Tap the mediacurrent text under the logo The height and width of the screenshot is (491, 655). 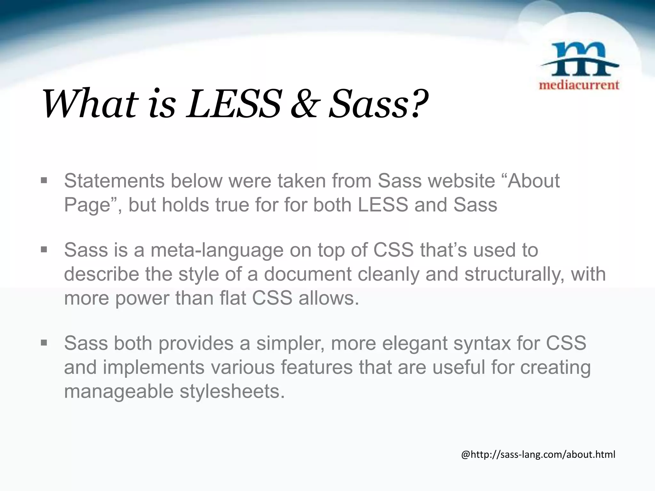pyautogui.click(x=579, y=85)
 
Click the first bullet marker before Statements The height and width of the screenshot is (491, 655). pyautogui.click(x=44, y=181)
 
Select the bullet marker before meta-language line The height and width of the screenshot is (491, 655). pyautogui.click(x=44, y=250)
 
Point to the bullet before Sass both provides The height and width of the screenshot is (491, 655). pyautogui.click(x=44, y=343)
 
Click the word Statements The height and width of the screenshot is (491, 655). pyautogui.click(x=114, y=181)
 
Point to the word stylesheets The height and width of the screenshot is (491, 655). pyautogui.click(x=232, y=391)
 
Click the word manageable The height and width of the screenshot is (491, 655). pyautogui.click(x=118, y=392)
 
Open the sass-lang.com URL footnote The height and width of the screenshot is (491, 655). pyautogui.click(x=538, y=454)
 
